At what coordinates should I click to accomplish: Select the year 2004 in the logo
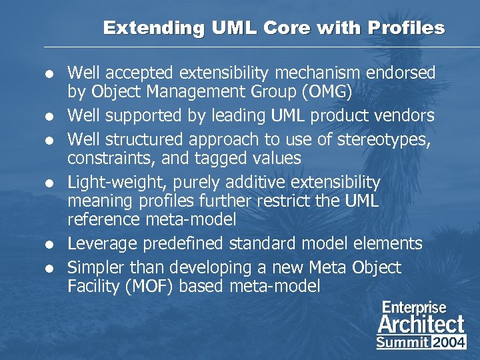point(449,342)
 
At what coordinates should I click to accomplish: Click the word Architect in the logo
point(421,324)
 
